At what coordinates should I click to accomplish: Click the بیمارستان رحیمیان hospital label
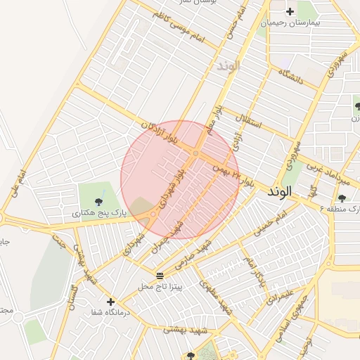[x=290, y=22]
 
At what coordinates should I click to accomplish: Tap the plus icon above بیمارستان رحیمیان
[x=290, y=11]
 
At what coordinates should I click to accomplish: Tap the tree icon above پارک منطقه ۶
[x=342, y=198]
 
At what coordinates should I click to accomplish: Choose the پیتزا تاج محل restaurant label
[x=160, y=287]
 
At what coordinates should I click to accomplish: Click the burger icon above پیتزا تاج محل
[x=160, y=275]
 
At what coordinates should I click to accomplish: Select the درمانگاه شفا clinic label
[x=110, y=312]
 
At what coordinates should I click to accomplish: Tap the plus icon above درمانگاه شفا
[x=110, y=301]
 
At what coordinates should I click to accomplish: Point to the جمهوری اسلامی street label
[x=304, y=330]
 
